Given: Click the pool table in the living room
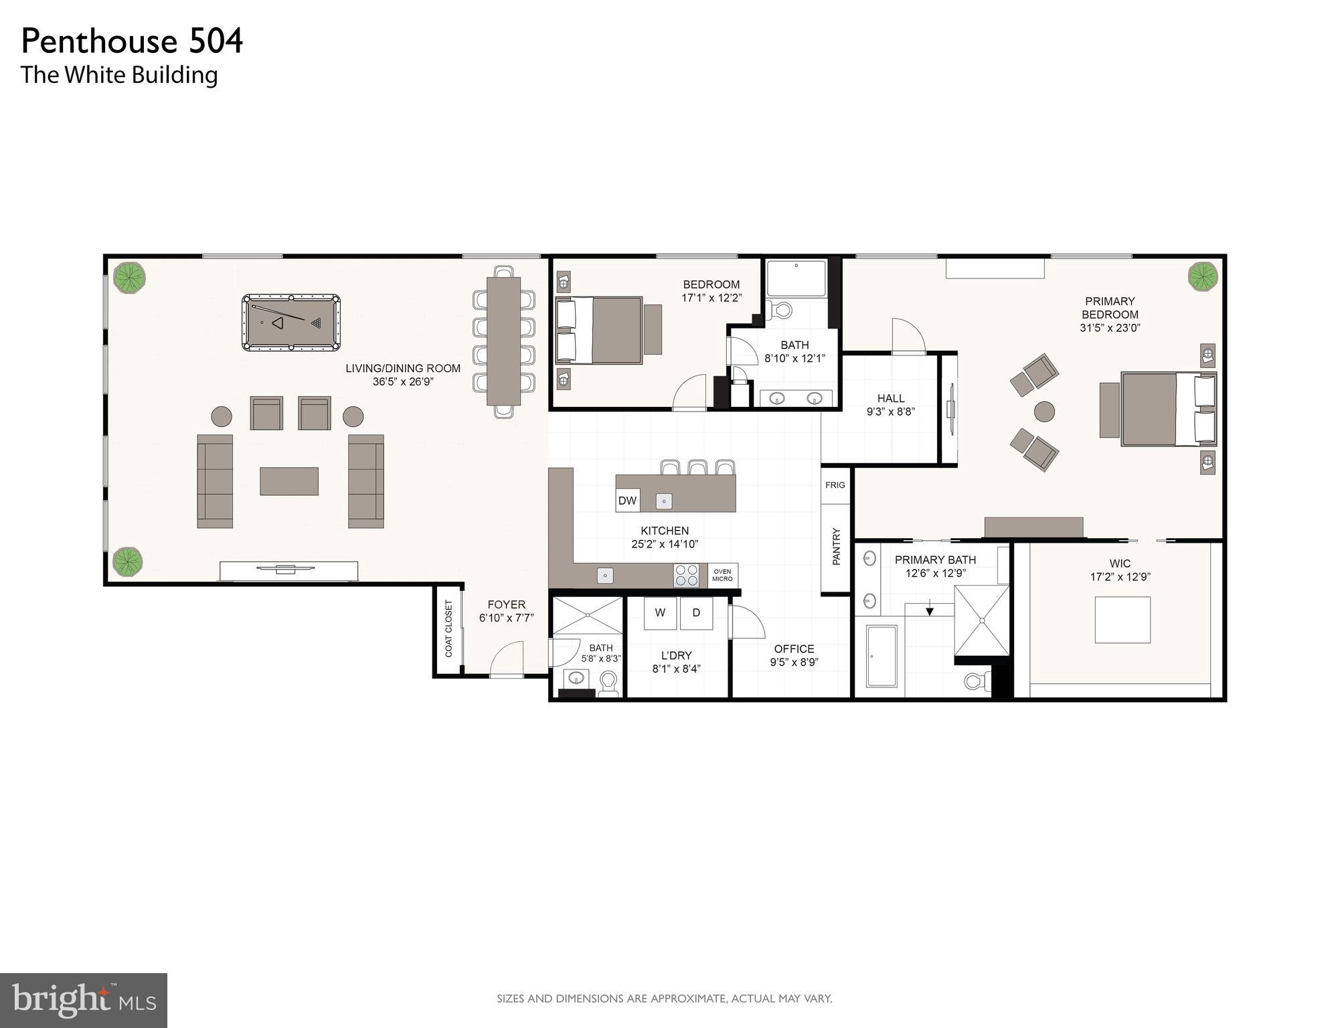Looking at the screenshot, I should click(290, 323).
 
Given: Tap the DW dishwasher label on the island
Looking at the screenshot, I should click(627, 501).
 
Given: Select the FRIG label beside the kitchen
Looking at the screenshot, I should click(835, 485).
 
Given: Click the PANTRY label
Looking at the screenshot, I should click(836, 547).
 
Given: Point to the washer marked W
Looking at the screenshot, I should click(660, 613).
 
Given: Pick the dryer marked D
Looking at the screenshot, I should click(696, 613).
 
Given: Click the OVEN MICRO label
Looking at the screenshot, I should click(722, 576).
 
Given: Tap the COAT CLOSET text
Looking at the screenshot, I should click(448, 628).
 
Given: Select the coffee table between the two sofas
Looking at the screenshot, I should click(288, 481).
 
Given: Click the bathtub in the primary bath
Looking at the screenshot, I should click(882, 657).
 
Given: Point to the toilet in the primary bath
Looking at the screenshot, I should click(977, 682).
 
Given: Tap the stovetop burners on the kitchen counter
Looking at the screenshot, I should click(686, 576).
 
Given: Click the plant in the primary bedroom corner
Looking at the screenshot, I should click(1202, 276).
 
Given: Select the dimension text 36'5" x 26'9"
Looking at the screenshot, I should click(403, 382).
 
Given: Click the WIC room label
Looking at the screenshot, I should click(1120, 564).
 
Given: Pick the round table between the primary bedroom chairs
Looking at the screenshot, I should click(1044, 412).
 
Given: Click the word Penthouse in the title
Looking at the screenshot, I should click(99, 41).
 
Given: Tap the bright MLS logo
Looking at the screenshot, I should click(83, 1001).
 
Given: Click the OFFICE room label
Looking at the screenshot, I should click(794, 649).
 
